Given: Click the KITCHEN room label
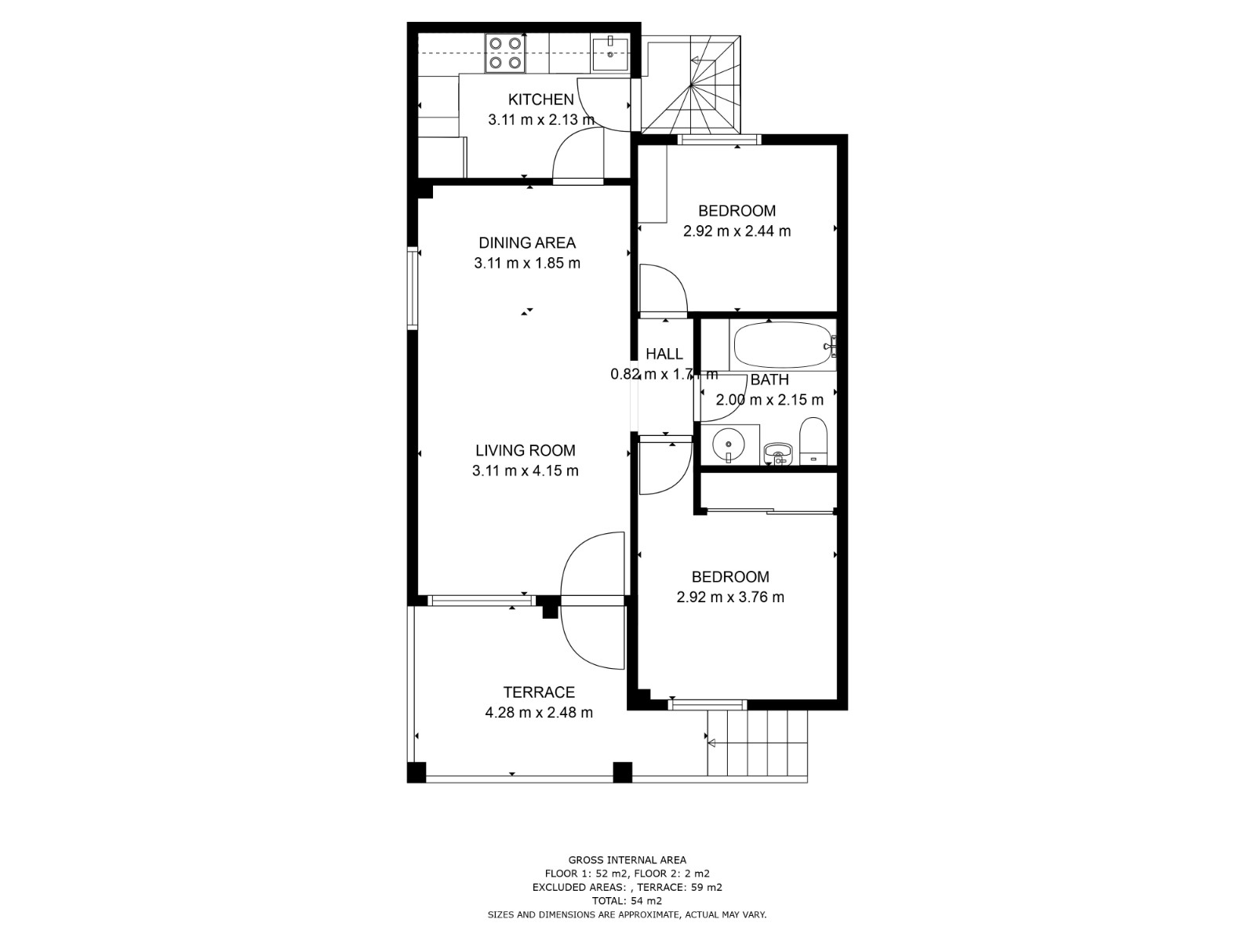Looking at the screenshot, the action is click(540, 100).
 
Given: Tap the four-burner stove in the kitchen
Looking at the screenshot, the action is click(505, 53).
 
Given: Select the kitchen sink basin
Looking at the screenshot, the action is click(610, 54).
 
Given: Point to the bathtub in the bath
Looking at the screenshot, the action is click(783, 346).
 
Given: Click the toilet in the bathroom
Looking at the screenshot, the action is click(813, 441).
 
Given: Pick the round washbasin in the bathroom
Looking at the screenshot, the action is click(729, 444).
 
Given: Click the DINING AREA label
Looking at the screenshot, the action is click(526, 243).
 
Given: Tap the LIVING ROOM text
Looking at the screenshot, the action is click(525, 450).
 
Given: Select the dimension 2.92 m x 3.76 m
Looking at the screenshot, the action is click(730, 597).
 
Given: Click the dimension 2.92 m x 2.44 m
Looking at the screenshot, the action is click(737, 231).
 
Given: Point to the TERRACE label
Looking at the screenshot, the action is click(539, 692).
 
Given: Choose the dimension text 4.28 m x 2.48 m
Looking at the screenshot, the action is click(539, 713).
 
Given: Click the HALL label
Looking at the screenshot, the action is click(664, 354).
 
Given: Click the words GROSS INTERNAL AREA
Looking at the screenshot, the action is click(627, 860).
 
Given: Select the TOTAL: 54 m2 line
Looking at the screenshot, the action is click(627, 901).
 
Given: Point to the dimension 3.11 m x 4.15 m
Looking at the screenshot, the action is click(525, 470).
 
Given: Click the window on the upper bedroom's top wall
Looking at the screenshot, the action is click(719, 140).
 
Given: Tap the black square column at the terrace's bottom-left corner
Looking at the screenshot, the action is click(417, 772).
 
